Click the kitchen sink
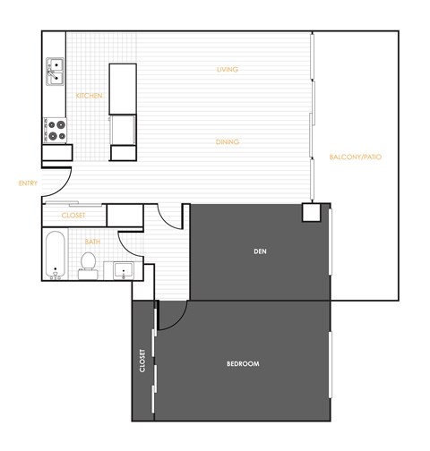click(x=55, y=66)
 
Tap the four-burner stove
click(x=55, y=131)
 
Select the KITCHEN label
click(x=89, y=96)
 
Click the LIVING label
click(x=227, y=69)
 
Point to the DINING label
click(x=227, y=141)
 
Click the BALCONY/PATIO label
click(x=356, y=157)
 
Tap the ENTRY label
click(x=28, y=183)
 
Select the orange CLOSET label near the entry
click(x=73, y=216)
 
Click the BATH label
click(x=92, y=242)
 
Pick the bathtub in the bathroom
click(x=56, y=256)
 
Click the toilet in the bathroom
click(x=88, y=261)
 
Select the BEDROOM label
click(x=242, y=363)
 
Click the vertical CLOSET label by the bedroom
click(x=142, y=362)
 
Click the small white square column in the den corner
click(x=311, y=213)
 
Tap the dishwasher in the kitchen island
click(x=123, y=129)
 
